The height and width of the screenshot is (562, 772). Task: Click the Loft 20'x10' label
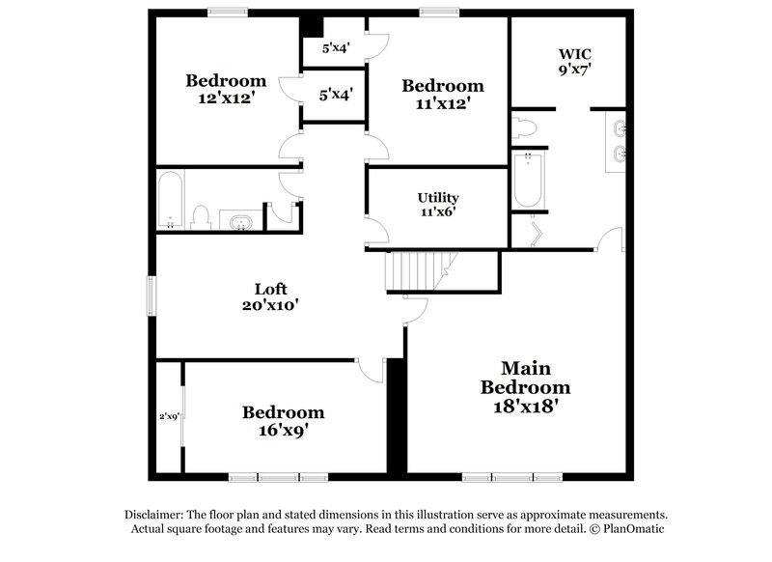point(270,296)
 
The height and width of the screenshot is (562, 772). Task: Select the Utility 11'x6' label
point(438,204)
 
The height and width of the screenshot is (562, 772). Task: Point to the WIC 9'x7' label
point(574,61)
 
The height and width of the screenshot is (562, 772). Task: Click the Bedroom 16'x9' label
point(283,421)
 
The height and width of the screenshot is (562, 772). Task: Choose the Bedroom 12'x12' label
point(226,88)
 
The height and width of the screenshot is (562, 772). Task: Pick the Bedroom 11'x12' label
point(442,94)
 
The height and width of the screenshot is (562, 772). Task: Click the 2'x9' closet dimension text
point(170,417)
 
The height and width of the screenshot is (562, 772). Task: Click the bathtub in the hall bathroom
point(171,200)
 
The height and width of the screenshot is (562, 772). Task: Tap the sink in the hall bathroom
point(237,222)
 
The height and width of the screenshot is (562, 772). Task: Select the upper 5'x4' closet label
point(336,46)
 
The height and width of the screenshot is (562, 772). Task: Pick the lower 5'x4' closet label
point(335,95)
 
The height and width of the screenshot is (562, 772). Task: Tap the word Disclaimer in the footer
point(157,516)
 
